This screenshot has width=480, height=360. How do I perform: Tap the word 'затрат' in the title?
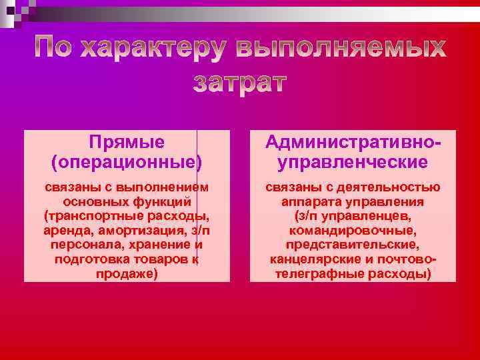pos(240,82)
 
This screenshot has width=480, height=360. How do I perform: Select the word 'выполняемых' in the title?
pos(341,48)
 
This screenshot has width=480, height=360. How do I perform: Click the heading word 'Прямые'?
pos(127,142)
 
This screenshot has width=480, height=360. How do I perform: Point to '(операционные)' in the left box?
pos(127,161)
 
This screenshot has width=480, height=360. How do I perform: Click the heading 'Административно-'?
pos(353,142)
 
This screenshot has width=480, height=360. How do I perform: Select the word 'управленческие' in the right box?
pos(353,161)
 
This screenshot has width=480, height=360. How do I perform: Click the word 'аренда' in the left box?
pos(71,231)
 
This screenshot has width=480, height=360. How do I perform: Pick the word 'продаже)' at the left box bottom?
pos(127,273)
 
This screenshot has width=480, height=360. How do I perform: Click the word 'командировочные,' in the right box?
pos(353,231)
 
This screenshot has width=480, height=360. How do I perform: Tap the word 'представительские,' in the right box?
pos(353,245)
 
